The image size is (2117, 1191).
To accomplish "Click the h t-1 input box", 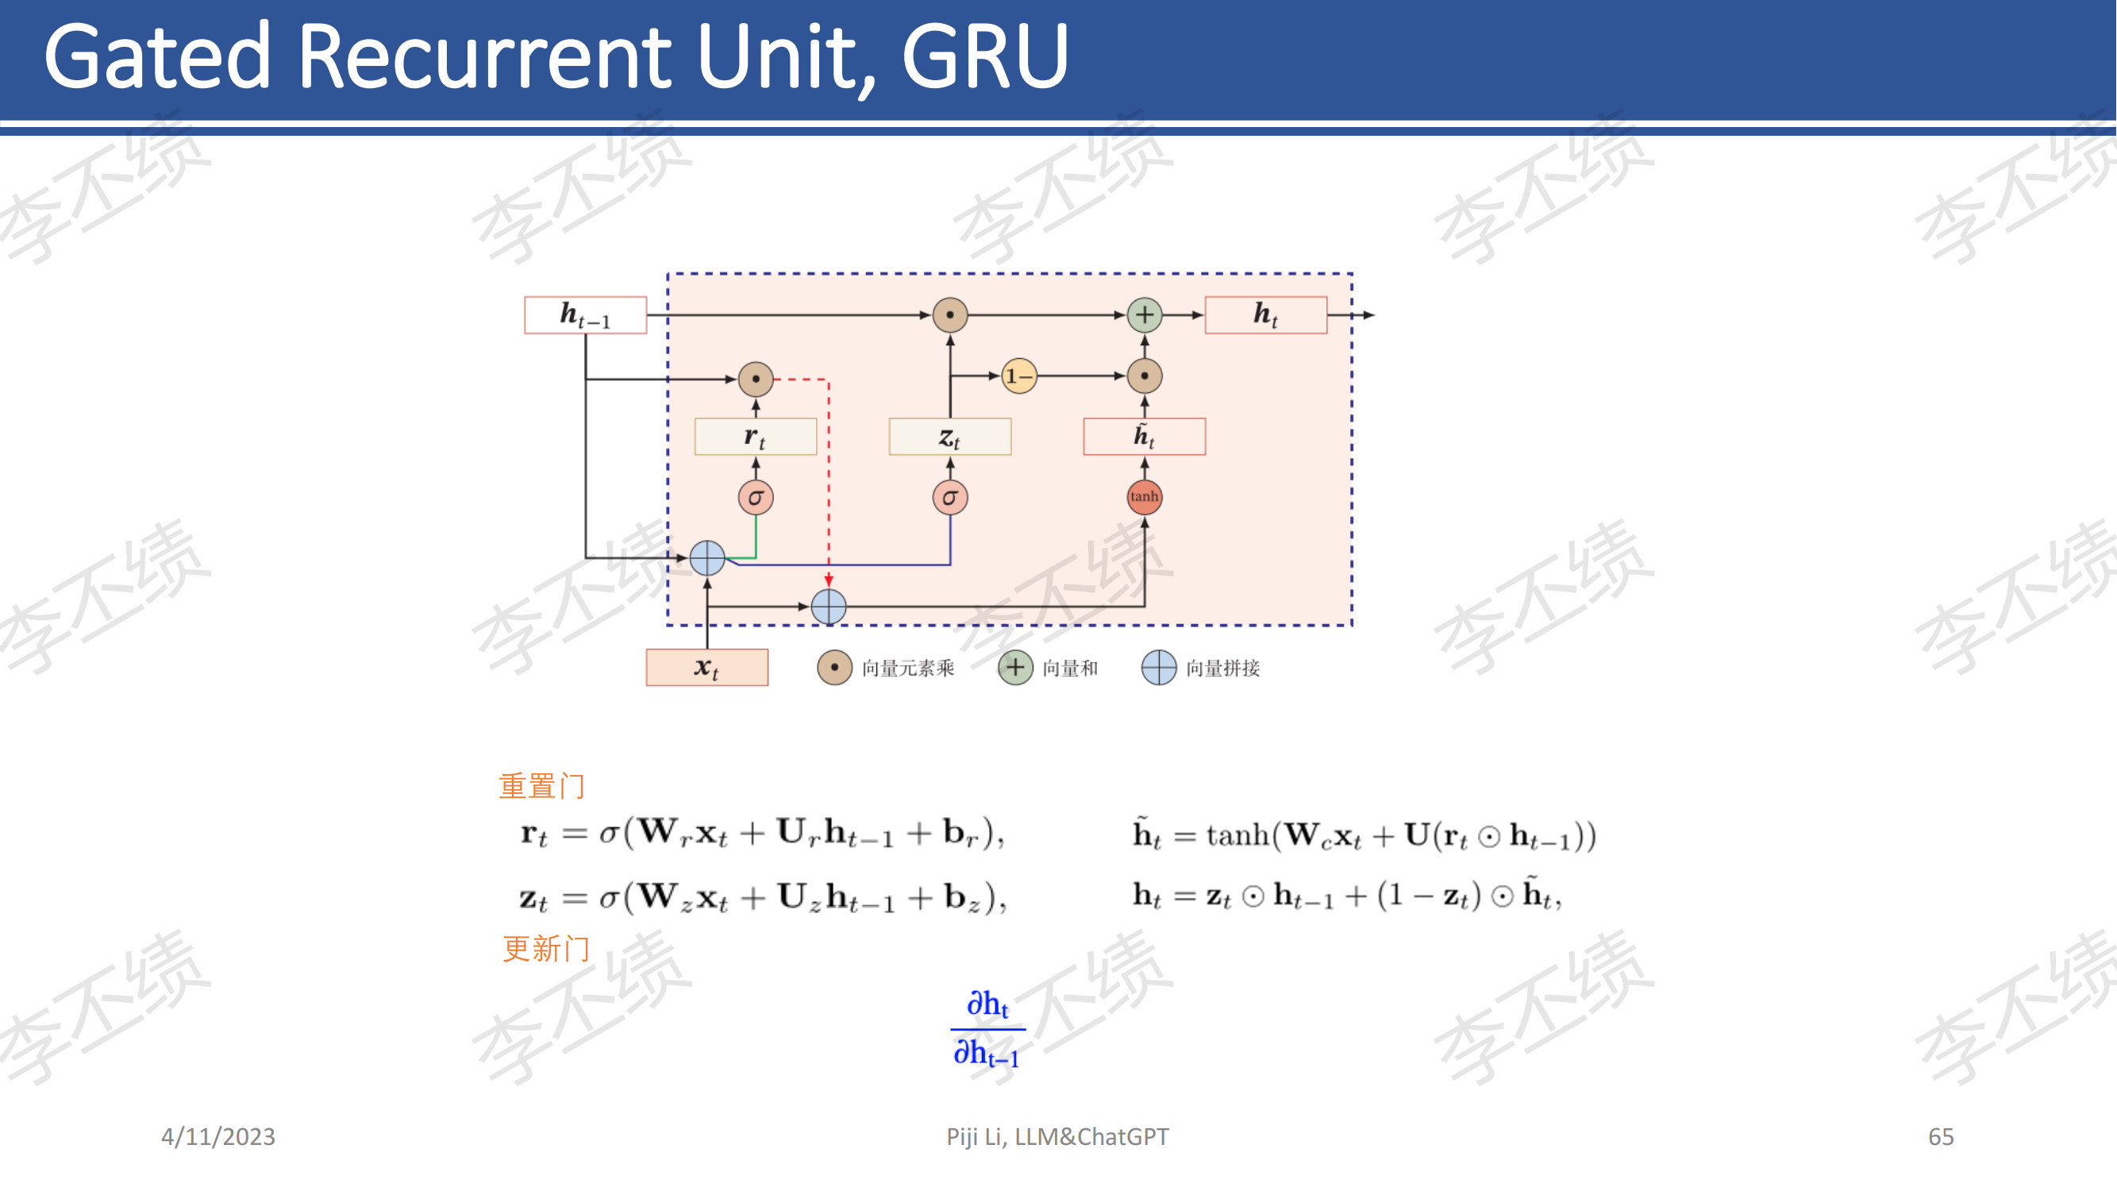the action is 585,314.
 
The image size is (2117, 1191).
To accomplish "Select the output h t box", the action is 1265,314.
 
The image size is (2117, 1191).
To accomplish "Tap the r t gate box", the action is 755,437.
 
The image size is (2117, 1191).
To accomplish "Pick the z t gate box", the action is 950,437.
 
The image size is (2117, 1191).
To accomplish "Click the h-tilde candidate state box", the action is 1144,437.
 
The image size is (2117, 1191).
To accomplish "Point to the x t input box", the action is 706,667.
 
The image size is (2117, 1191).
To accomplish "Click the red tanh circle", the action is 1144,496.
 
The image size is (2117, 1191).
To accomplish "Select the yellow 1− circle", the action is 1019,376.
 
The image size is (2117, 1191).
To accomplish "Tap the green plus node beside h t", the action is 1144,314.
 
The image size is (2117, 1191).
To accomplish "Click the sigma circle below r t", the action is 755,497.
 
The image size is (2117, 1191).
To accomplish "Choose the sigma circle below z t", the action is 950,497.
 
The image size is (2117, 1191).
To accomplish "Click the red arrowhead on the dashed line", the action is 829,581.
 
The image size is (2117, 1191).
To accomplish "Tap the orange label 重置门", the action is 541,787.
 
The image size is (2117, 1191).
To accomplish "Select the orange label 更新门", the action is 545,949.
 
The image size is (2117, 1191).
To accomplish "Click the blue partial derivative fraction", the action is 987,1028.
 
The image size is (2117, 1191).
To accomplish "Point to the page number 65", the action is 1940,1136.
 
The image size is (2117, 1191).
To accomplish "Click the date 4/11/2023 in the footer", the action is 217,1136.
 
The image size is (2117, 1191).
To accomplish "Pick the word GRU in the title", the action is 984,56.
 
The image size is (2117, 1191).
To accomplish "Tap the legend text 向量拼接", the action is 1222,668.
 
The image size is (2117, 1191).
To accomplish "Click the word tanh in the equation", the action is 1237,835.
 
